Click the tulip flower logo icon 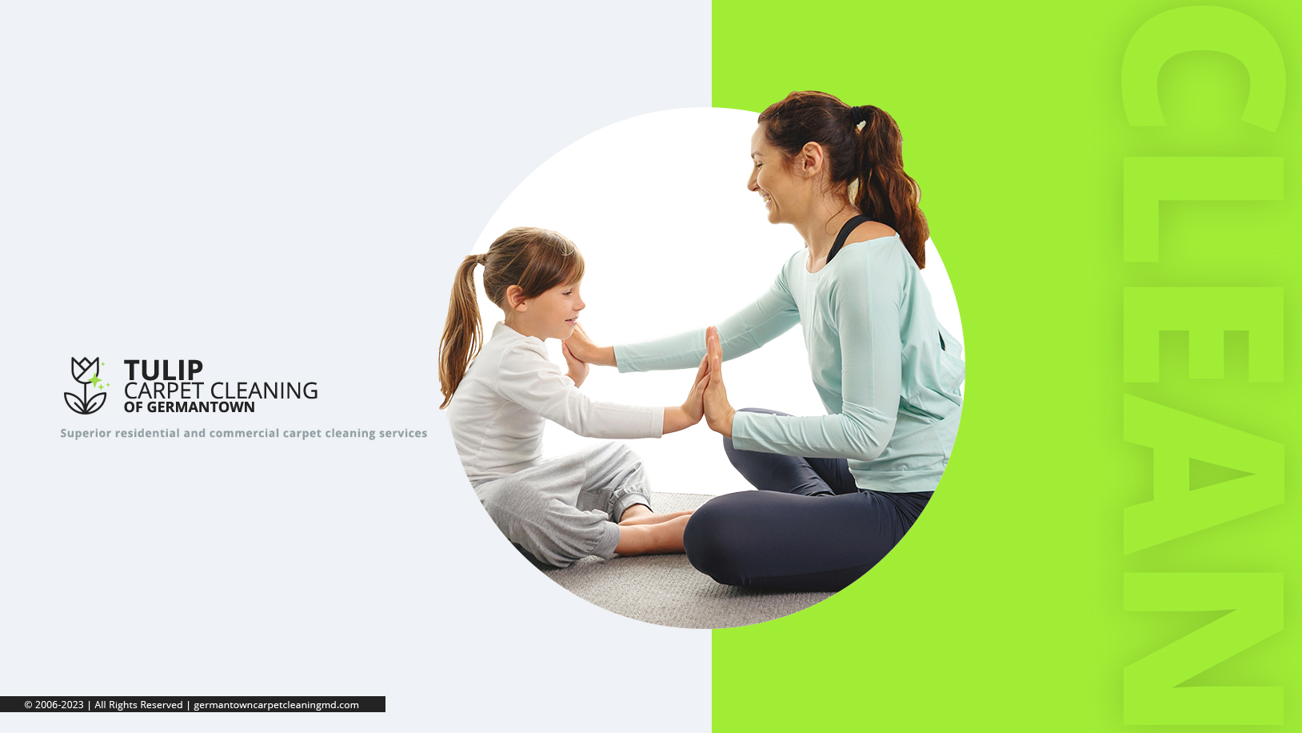pos(86,386)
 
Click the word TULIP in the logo pos(163,370)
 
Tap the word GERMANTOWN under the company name pos(201,407)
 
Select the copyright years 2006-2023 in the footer pos(59,704)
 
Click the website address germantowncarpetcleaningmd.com pos(276,704)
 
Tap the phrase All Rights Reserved pos(138,704)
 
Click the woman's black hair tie pos(857,114)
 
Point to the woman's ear pos(812,158)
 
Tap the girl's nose pos(579,302)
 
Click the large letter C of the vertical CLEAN pos(1203,69)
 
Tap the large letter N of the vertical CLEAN pos(1203,649)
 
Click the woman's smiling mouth pos(768,202)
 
